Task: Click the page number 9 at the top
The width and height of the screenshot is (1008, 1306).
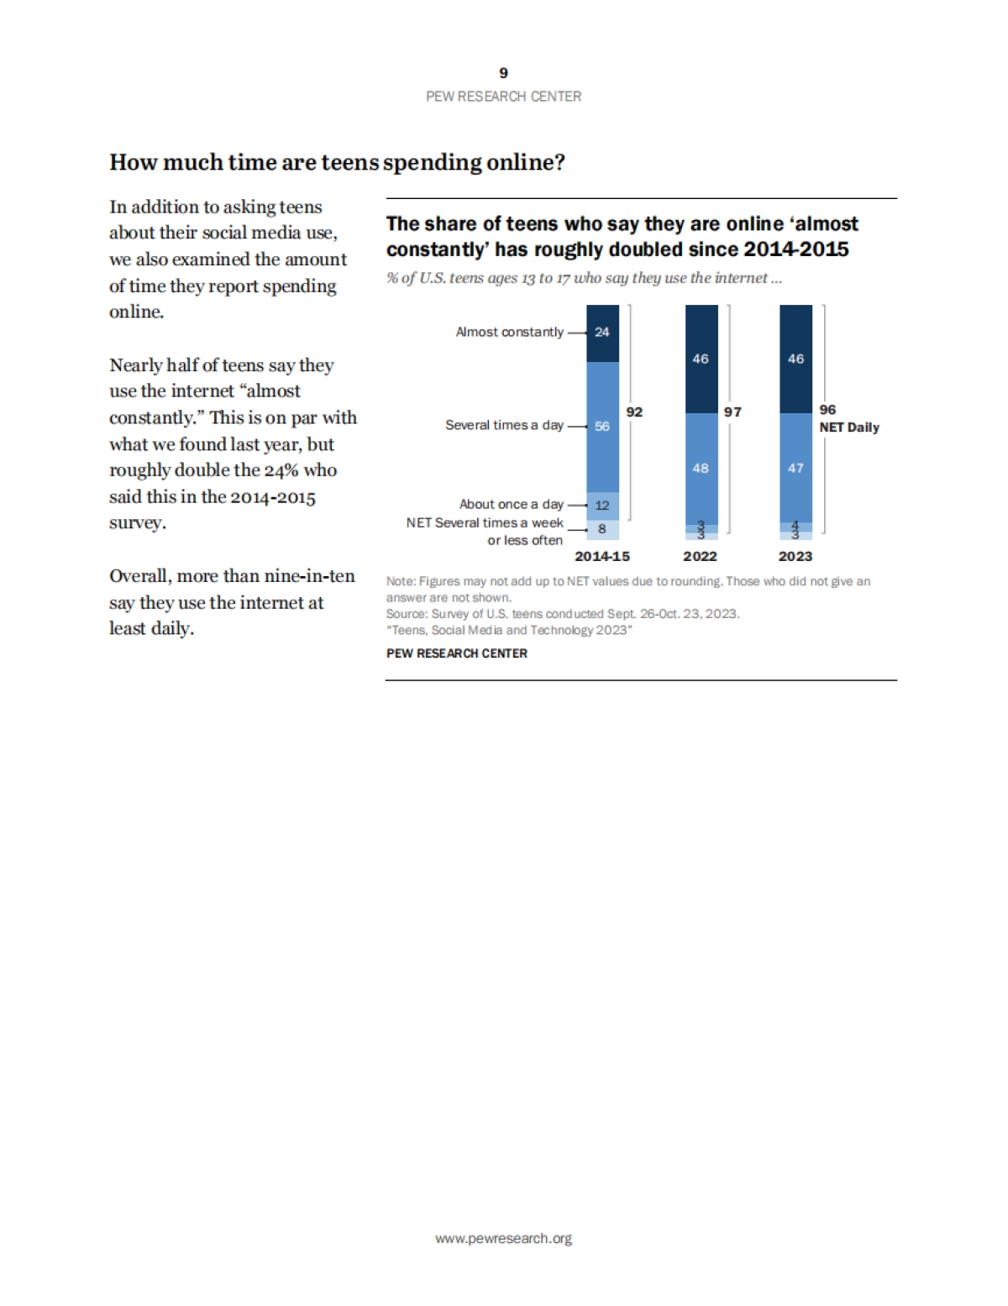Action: [x=503, y=73]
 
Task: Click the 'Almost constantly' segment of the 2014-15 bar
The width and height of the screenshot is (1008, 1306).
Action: [x=602, y=333]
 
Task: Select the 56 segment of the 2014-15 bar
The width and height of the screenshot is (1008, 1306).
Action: [x=602, y=427]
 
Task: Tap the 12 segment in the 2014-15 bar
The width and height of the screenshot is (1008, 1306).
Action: [x=602, y=506]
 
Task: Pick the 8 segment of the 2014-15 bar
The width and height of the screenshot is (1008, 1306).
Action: [x=602, y=529]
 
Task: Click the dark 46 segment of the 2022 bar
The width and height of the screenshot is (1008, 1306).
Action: [x=701, y=359]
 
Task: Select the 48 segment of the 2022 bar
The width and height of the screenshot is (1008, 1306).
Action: [x=701, y=468]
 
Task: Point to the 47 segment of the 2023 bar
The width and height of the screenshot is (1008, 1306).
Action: [x=795, y=468]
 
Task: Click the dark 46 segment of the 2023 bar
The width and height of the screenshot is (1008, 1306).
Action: [x=795, y=359]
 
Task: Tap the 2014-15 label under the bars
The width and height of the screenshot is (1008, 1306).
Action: [x=602, y=556]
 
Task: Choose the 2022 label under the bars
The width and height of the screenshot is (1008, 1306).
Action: [x=700, y=556]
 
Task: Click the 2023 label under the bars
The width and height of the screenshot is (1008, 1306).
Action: [x=795, y=556]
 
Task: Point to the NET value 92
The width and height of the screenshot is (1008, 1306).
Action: [x=634, y=412]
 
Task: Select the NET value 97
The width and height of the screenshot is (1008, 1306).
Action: [x=732, y=412]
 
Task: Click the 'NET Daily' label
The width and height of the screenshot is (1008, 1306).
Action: [x=849, y=427]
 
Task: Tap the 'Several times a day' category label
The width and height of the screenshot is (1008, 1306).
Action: [x=504, y=425]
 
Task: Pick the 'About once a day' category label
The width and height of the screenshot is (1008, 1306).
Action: [x=511, y=504]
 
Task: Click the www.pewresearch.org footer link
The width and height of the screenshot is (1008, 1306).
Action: [x=503, y=1238]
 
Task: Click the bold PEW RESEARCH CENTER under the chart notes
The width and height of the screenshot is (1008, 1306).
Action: [x=457, y=653]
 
